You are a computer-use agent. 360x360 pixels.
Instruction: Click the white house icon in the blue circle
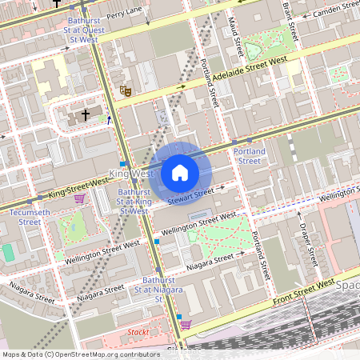click(x=180, y=173)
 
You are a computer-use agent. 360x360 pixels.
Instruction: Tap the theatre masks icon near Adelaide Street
click(x=125, y=91)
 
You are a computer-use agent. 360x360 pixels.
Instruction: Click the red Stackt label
click(x=138, y=332)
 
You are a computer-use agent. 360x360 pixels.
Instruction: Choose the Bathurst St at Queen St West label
click(x=84, y=28)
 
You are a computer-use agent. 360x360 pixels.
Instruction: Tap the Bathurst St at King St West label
click(x=134, y=202)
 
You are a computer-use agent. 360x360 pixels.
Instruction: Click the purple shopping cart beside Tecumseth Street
click(x=79, y=198)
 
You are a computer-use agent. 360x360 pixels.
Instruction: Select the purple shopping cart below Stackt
click(x=186, y=324)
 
